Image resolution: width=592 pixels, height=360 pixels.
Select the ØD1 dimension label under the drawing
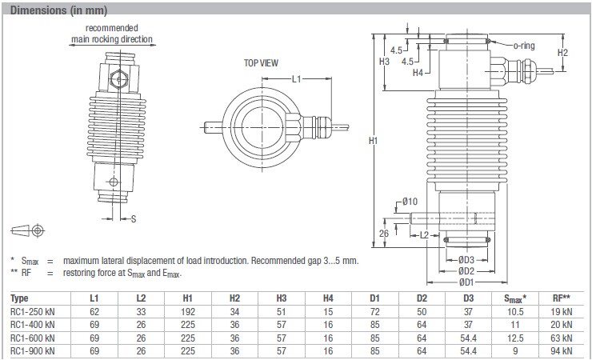(x=467, y=281)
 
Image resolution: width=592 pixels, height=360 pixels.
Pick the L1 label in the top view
(x=295, y=78)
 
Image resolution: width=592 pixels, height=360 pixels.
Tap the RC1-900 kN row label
(x=33, y=349)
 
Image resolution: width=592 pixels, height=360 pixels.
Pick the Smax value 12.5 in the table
(x=516, y=336)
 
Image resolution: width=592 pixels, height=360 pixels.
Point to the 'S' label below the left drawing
(x=134, y=218)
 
